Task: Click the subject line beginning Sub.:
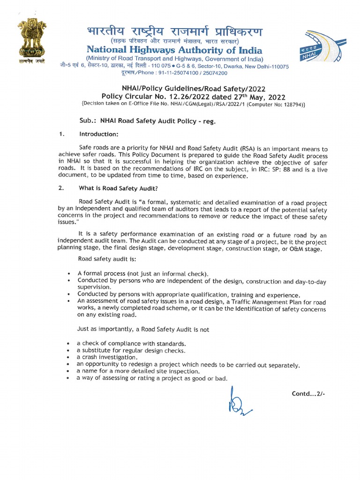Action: coord(148,120)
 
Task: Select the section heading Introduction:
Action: coord(98,135)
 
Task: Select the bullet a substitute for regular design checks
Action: coord(131,350)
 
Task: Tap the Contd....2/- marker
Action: coord(308,394)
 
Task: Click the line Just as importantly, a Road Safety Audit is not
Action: coord(143,329)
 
